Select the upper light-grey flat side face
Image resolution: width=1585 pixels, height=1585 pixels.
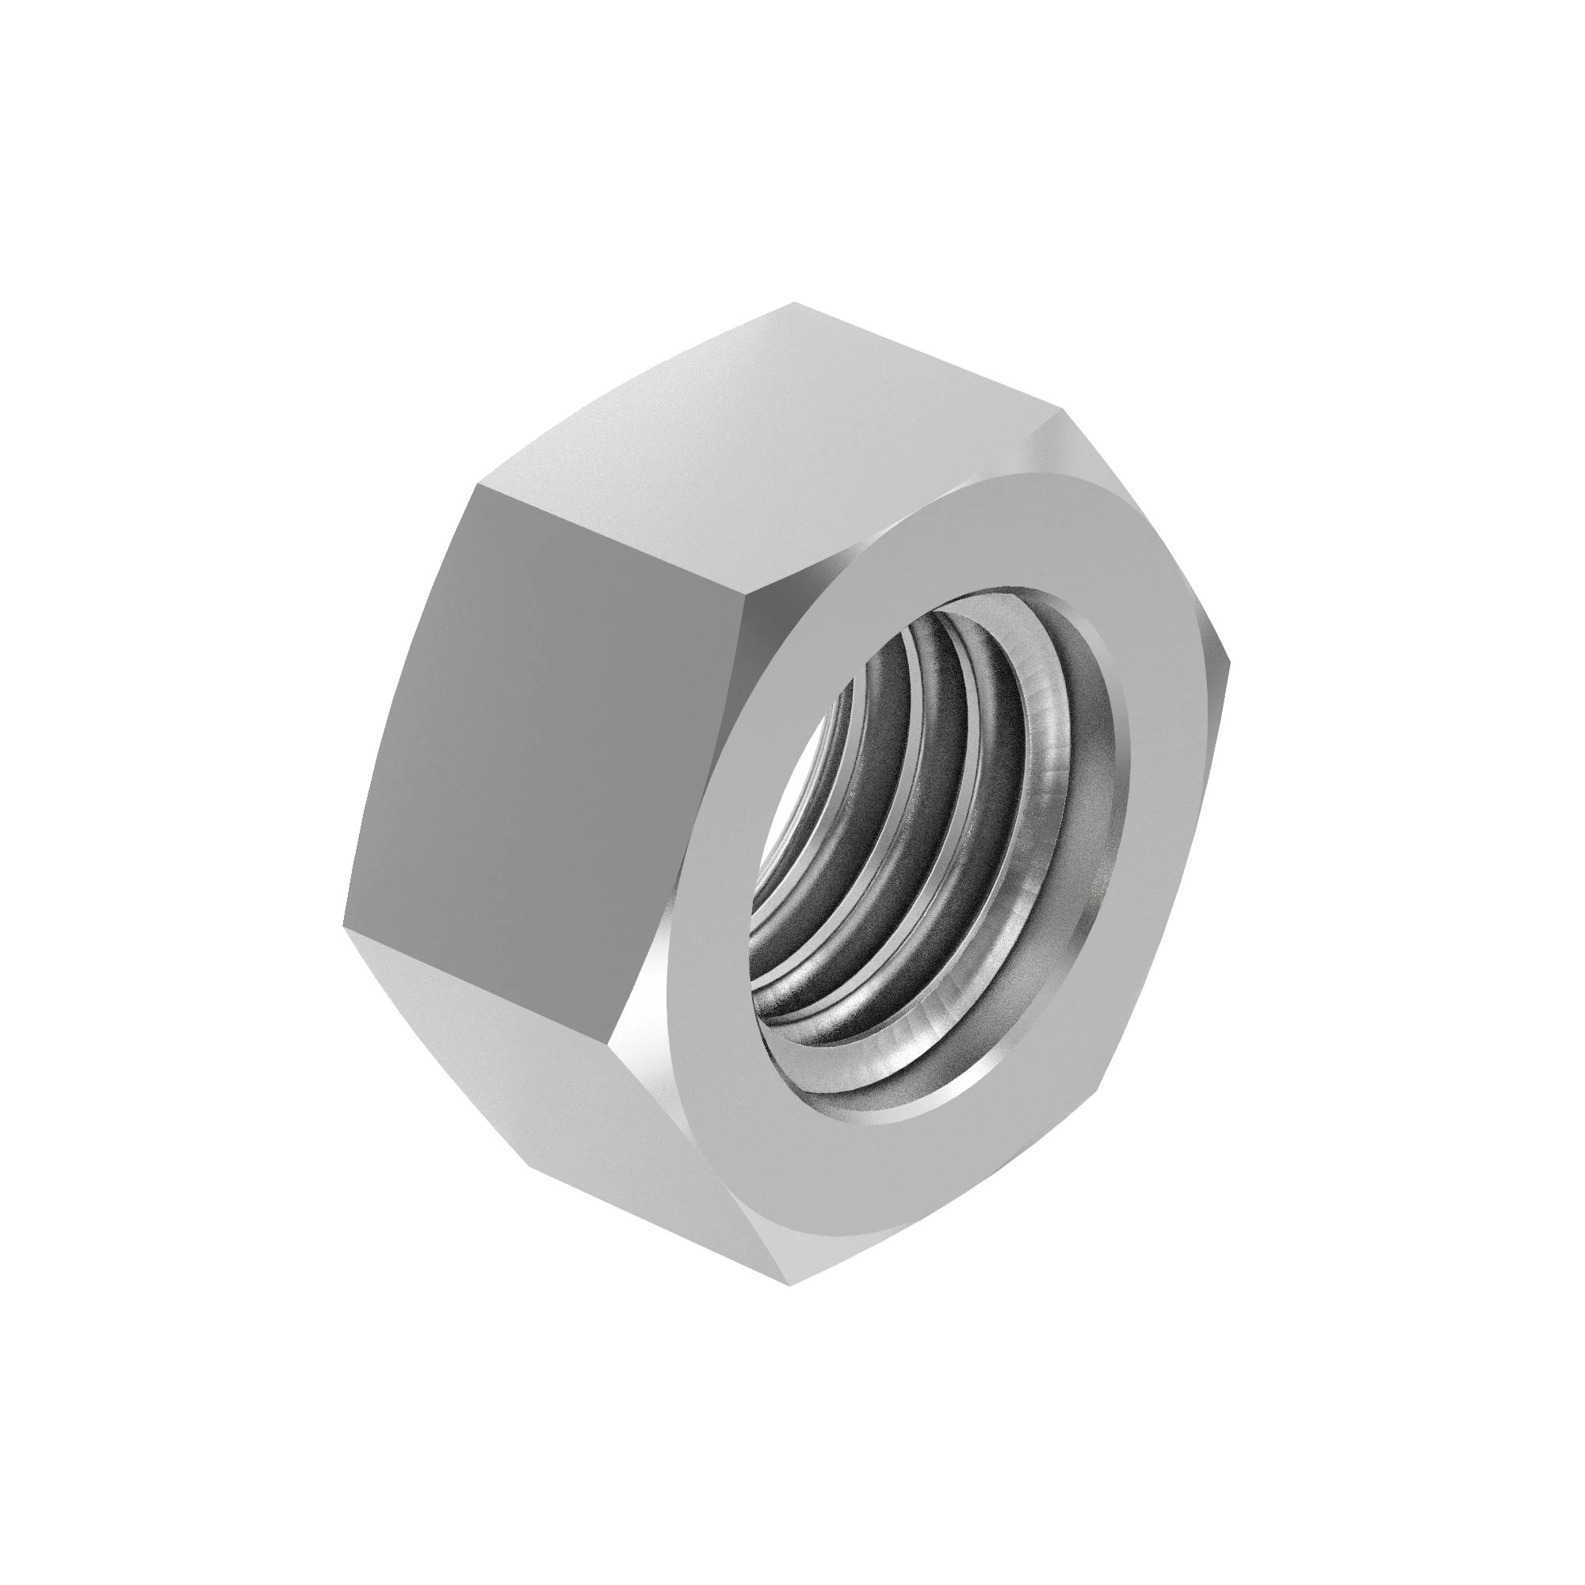[779, 435]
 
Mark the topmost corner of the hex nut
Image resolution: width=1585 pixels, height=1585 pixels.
[794, 304]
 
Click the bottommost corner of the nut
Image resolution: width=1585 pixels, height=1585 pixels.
[789, 1285]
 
